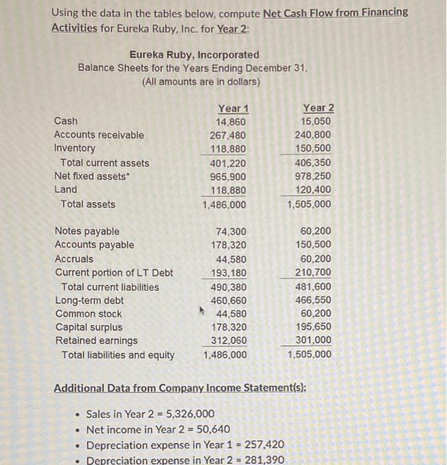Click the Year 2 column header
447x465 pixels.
coord(318,108)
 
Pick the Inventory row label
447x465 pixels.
coord(74,148)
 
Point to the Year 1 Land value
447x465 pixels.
coord(228,190)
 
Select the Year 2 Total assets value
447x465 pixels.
coord(309,204)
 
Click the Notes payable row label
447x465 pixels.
coord(87,231)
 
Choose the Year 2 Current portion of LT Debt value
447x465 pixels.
coord(313,272)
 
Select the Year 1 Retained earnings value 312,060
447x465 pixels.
coord(228,341)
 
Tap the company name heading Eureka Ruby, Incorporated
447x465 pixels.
coord(194,54)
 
